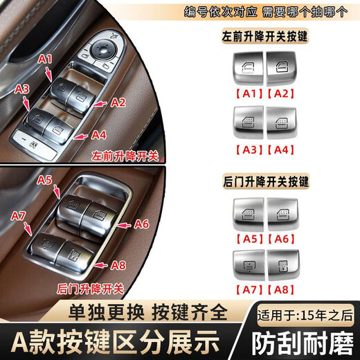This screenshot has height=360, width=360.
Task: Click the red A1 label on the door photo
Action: [x=45, y=60]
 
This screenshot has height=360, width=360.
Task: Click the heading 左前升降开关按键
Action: [x=266, y=35]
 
